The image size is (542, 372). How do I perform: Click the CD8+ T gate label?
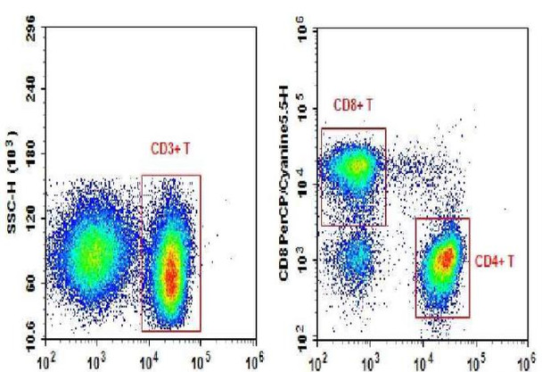pyautogui.click(x=353, y=105)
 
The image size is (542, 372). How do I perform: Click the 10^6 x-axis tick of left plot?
pyautogui.click(x=255, y=362)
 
